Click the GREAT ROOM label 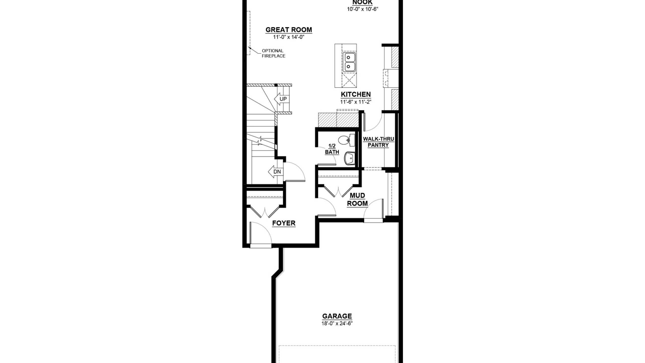(289, 30)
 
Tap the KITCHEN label (356, 95)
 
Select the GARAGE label (337, 316)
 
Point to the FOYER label (284, 223)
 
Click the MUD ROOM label (358, 199)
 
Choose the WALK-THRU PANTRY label (378, 142)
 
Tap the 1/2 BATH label (332, 149)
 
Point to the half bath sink (349, 158)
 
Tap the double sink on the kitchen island (349, 62)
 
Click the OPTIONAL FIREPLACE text (274, 53)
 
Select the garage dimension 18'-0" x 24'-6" (337, 323)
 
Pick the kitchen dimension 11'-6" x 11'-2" (356, 102)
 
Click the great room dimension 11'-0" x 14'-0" (289, 37)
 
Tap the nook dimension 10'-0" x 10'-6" (363, 9)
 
